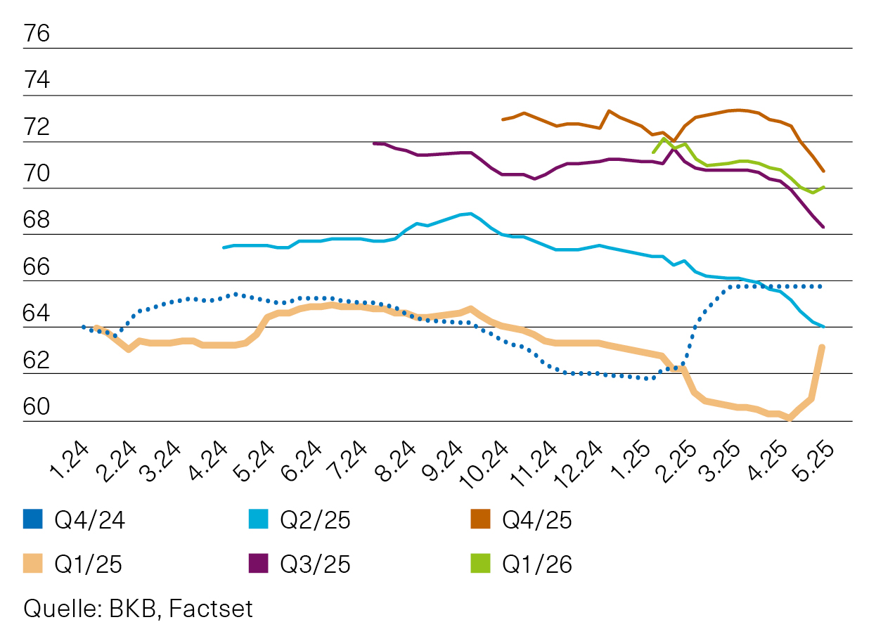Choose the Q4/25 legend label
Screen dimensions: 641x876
tap(537, 520)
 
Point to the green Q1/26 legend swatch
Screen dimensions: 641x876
tap(479, 564)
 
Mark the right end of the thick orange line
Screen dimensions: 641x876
tap(822, 347)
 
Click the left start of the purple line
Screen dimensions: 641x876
tap(373, 143)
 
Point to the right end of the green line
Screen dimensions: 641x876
tap(823, 187)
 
